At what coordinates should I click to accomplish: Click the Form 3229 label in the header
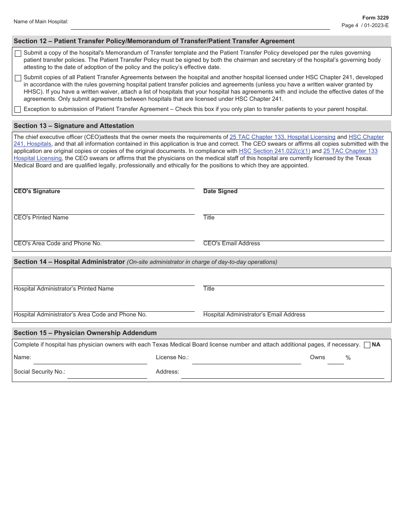(x=375, y=18)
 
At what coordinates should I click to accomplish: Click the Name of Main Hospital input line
(x=200, y=25)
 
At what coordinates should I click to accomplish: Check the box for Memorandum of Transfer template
(x=18, y=53)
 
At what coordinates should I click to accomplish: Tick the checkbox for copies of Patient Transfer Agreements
(x=18, y=78)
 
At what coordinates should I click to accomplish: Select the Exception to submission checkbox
(x=18, y=109)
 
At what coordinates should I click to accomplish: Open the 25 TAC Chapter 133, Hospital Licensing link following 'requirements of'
(x=282, y=137)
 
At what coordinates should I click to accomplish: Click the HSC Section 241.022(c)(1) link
(x=274, y=151)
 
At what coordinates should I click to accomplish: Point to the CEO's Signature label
(x=37, y=191)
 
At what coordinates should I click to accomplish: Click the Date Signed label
(x=220, y=191)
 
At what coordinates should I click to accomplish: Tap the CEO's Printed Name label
(x=41, y=217)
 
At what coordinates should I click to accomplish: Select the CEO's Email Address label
(x=232, y=243)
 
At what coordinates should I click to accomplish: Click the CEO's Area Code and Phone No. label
(x=58, y=243)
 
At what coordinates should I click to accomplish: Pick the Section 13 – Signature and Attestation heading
(x=74, y=126)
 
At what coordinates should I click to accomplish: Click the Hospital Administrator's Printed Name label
(x=64, y=288)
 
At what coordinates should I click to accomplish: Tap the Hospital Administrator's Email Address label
(x=254, y=314)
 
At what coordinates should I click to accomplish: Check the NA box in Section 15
(x=367, y=345)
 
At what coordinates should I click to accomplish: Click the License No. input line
(x=246, y=360)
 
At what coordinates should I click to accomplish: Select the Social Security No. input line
(x=107, y=374)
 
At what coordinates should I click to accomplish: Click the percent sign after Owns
(x=348, y=358)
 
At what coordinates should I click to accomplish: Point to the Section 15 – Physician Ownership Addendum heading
(x=85, y=333)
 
